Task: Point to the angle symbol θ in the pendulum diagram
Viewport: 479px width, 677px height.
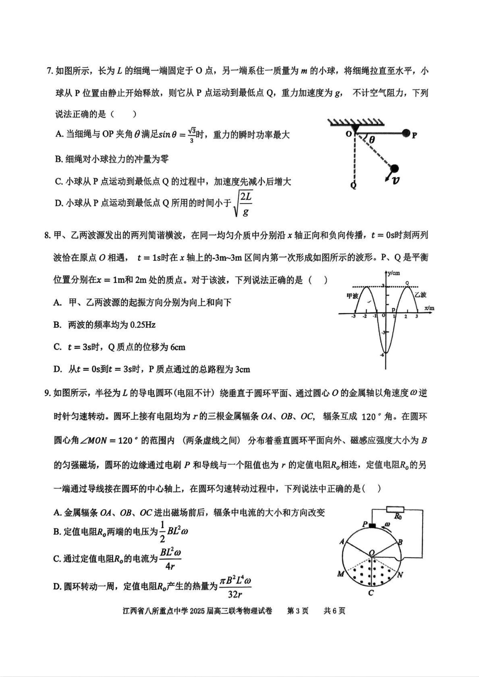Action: [x=372, y=140]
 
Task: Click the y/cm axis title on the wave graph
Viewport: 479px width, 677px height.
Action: [x=394, y=273]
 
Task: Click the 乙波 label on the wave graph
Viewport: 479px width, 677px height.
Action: [x=420, y=295]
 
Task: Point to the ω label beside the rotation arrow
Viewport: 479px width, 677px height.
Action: [x=388, y=524]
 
